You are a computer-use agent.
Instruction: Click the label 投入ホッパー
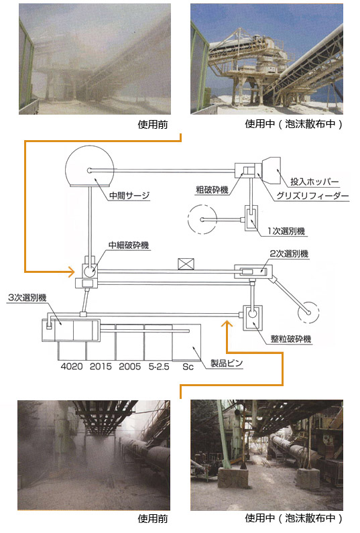coord(314,182)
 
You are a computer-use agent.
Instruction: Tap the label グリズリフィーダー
coord(312,196)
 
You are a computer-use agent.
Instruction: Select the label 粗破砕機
coord(212,190)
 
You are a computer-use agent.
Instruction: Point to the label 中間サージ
coord(129,196)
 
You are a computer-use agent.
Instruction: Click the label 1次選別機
coord(286,231)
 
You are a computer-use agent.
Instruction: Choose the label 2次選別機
coord(289,253)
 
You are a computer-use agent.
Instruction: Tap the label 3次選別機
coord(27,298)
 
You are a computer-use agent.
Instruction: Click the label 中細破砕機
coord(129,245)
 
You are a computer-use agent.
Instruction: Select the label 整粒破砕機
coord(291,339)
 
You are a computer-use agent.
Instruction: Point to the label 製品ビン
coord(227,363)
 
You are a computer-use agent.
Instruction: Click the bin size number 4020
coord(72,367)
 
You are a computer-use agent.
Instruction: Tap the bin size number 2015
coord(101,367)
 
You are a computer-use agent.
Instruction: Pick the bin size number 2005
coord(130,367)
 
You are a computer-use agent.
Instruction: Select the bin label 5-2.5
coord(159,367)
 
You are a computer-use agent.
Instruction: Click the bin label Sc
coord(188,367)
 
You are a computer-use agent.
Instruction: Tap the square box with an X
coord(186,264)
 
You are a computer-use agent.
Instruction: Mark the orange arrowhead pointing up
coord(227,324)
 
